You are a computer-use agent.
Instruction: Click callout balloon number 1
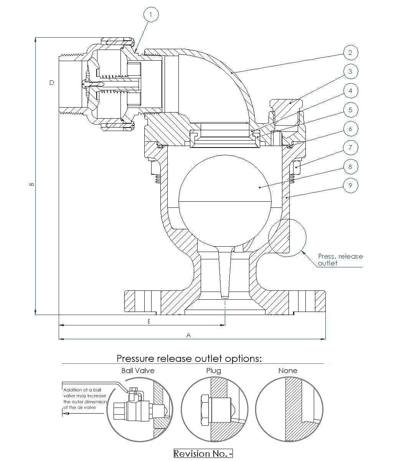(151, 15)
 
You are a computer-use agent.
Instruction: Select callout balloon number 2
(350, 53)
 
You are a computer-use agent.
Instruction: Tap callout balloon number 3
(350, 71)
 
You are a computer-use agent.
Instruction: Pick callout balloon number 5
(350, 110)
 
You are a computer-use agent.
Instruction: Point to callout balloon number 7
(350, 148)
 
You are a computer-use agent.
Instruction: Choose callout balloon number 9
(350, 186)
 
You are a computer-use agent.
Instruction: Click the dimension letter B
(32, 184)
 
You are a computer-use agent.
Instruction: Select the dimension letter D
(52, 83)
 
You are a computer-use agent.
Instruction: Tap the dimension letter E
(149, 322)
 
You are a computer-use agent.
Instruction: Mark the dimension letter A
(188, 335)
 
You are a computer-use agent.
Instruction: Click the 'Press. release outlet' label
(340, 260)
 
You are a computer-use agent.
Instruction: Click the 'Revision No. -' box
(203, 453)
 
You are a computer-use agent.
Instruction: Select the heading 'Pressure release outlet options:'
(189, 358)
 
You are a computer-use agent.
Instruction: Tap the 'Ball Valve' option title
(138, 371)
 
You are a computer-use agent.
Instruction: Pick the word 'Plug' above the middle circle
(213, 371)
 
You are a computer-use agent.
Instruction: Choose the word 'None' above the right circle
(288, 371)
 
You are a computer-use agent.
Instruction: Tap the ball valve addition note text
(84, 398)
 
